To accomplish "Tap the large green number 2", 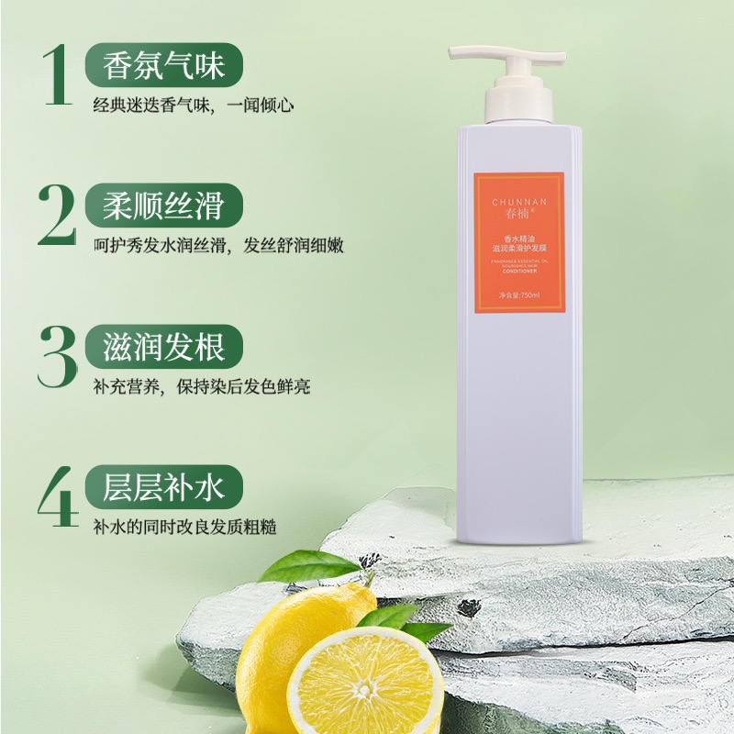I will pos(58,215).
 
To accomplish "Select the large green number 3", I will pos(57,353).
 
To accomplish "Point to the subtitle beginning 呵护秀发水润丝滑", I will pos(217,246).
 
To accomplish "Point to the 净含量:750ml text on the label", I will pos(519,295).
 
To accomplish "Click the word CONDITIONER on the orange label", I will pos(519,272).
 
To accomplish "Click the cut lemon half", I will pos(367,684).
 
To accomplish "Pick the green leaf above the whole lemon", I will pos(298,565).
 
